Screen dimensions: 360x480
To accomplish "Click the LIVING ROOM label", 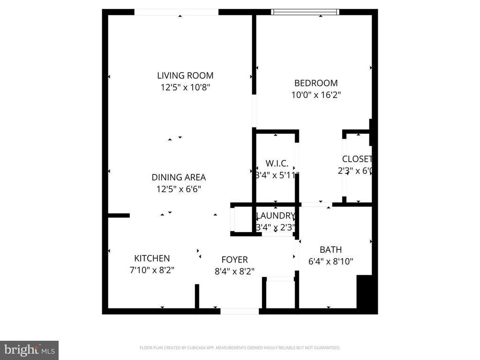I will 185,75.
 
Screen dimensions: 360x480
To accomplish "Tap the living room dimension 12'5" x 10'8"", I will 185,87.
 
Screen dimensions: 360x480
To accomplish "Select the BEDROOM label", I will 315,83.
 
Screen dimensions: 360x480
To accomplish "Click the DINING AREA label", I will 179,178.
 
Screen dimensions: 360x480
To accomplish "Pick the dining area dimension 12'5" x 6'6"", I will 179,189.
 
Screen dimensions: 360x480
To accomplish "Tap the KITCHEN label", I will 152,258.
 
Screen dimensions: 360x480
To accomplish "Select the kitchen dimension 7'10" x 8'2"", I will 152,270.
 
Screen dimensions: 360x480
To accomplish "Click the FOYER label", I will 234,260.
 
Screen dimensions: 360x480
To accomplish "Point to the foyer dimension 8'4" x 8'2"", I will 234,271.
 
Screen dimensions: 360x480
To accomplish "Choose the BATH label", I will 330,250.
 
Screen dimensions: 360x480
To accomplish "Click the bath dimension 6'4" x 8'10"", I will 330,262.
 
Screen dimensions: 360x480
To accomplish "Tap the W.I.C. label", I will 276,164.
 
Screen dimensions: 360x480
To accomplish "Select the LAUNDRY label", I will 276,216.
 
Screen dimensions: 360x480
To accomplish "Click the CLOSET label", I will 357,159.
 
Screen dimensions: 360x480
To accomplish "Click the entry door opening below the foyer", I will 240,311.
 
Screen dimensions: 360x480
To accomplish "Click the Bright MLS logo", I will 29,350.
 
